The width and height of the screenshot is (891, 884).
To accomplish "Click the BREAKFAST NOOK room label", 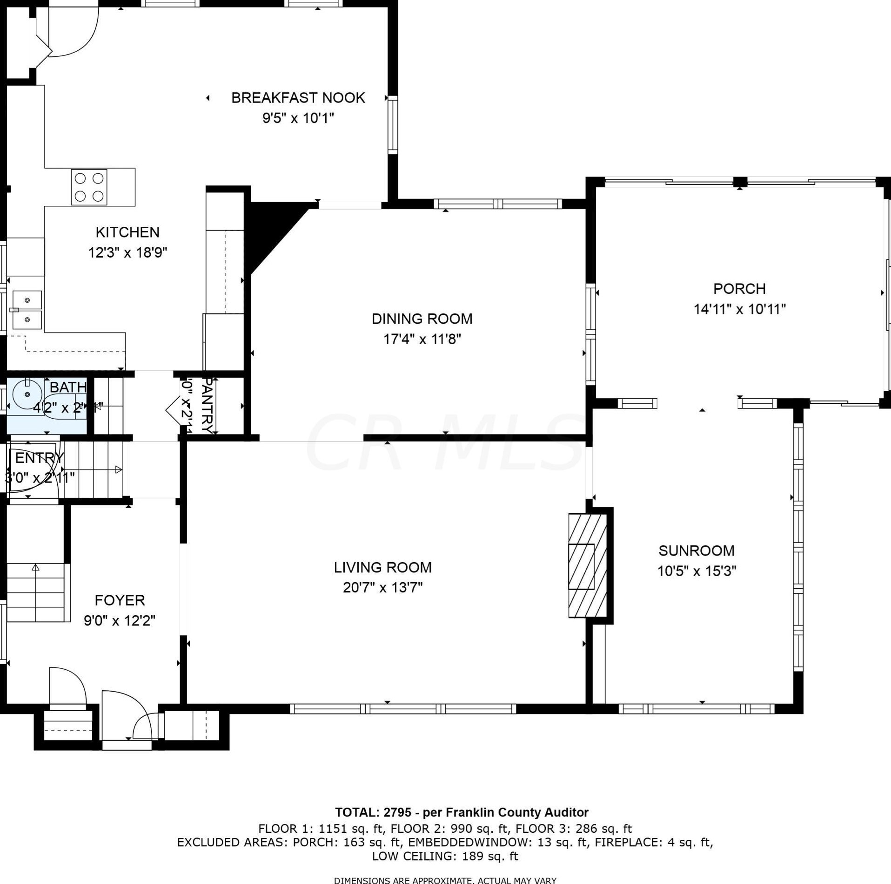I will (298, 98).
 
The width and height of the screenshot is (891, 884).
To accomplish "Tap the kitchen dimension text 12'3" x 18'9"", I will (127, 252).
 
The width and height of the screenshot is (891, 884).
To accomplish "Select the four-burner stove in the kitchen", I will (89, 187).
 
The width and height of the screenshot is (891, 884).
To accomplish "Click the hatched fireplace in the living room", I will (587, 565).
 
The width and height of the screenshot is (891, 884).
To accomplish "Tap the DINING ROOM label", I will (422, 319).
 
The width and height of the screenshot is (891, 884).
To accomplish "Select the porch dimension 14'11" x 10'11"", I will (739, 309).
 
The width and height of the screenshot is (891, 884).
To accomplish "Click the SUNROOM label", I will (696, 551).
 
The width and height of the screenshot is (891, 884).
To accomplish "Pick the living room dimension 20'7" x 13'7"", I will (382, 588).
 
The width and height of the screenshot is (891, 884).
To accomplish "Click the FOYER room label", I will (120, 600).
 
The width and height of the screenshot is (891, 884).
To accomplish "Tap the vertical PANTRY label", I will (208, 405).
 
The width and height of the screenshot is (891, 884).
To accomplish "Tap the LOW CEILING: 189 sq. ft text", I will (445, 856).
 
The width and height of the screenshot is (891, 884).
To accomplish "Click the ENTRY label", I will (39, 458).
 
